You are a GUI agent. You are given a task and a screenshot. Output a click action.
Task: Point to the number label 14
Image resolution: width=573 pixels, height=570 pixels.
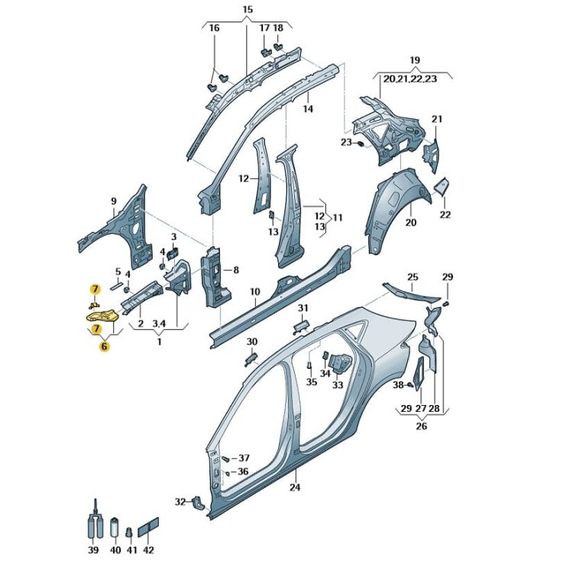coord(307,109)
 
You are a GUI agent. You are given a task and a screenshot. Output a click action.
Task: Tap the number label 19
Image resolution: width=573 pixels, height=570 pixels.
coord(415,60)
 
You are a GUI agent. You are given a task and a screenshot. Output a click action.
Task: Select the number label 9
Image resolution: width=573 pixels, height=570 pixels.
coord(114,202)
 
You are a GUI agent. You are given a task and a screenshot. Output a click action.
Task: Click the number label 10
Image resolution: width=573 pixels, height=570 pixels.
coord(254,292)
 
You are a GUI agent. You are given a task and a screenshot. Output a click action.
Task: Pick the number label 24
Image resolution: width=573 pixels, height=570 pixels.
coord(296,487)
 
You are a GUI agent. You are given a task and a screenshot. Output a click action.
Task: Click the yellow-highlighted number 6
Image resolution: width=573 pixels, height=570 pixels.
coord(104,345)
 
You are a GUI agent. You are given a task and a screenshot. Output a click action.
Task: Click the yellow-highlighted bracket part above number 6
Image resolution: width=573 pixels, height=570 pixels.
coord(99,313)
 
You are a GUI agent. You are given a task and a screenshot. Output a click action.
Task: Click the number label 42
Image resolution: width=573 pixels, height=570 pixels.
coord(148,550)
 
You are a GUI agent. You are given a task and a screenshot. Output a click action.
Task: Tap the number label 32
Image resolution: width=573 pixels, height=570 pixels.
coord(180,502)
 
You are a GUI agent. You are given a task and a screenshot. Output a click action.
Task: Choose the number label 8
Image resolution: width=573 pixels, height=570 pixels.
coord(236,270)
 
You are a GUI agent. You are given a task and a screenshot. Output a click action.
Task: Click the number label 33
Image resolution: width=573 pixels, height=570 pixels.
coord(338,385)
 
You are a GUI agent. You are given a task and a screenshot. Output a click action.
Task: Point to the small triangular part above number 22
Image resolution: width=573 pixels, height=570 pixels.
coord(442,186)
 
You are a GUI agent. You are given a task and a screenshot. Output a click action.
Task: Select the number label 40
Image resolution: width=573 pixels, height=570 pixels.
coord(115,550)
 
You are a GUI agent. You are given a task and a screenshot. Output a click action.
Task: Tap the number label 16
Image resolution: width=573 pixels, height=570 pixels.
coord(214,28)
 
